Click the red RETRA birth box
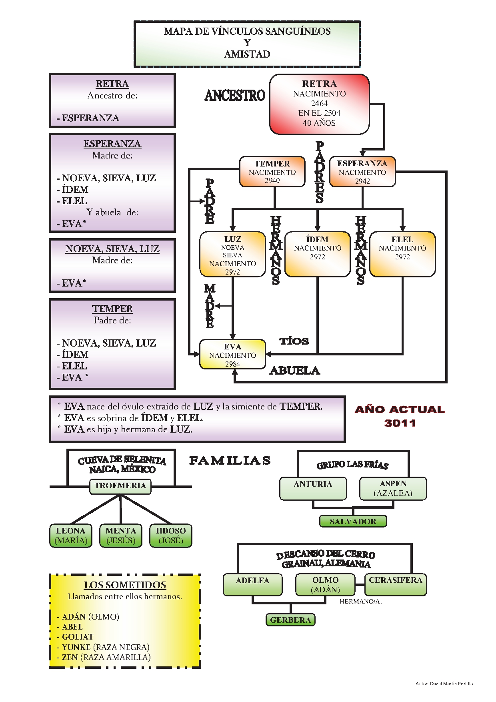pos(319,104)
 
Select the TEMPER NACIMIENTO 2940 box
pos(272,172)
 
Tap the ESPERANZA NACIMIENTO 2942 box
pos(362,172)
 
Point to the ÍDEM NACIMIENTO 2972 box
pos(317,254)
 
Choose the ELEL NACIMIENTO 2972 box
pos(402,254)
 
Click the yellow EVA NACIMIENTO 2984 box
pos(232,355)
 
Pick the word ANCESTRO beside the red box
pos(235,96)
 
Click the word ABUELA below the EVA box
pos(295,371)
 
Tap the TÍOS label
pos(294,341)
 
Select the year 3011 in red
pos(400,423)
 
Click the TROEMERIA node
pos(120,486)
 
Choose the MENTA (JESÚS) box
pos(121,536)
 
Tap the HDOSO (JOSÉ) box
pos(171,536)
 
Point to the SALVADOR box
pos(353,521)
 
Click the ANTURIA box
pos(313,488)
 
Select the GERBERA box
pos(290,620)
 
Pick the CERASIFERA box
pos(395,584)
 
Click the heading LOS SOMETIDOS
pos(125,585)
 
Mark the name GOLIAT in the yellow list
pos(78,637)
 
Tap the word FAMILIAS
pos(230,461)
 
